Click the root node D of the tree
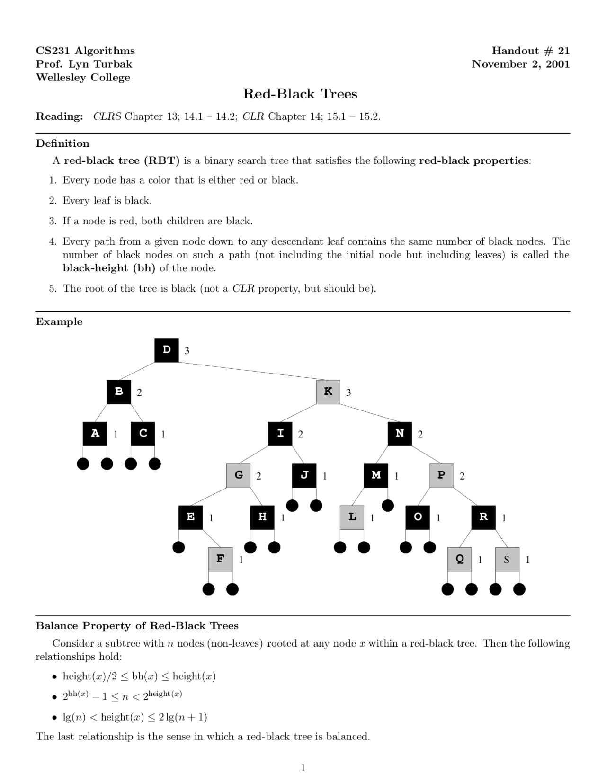pos(167,350)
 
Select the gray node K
pos(328,392)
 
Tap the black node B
pos(119,392)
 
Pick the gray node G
pos(239,475)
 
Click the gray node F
pos(221,559)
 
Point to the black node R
pos(483,517)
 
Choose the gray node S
pos(507,559)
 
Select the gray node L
pos(352,517)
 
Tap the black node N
pos(400,434)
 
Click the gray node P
pos(442,475)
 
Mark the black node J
pos(304,475)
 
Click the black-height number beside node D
pos(187,351)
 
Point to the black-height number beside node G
pos(258,476)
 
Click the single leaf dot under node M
pos(388,506)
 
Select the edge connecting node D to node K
pos(248,371)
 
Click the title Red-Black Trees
pos(300,94)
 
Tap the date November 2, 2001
pos(521,64)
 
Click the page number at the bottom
pos(303,768)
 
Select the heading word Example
pos(59,322)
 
